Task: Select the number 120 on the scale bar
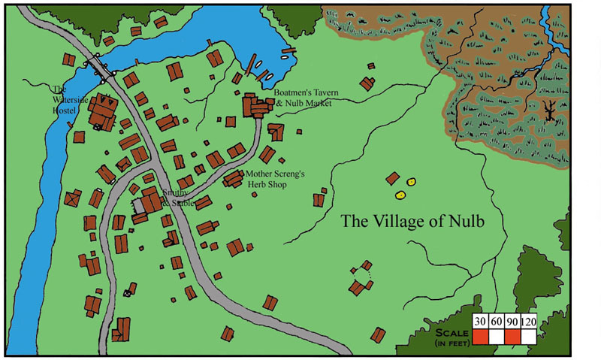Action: pyautogui.click(x=528, y=322)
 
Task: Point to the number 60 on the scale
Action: pyautogui.click(x=496, y=322)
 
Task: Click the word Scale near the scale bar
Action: pyautogui.click(x=449, y=333)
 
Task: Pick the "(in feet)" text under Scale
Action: pyautogui.click(x=449, y=343)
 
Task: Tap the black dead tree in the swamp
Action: pyautogui.click(x=550, y=110)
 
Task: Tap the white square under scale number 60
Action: pyautogui.click(x=496, y=335)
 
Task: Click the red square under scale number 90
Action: pyautogui.click(x=512, y=335)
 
